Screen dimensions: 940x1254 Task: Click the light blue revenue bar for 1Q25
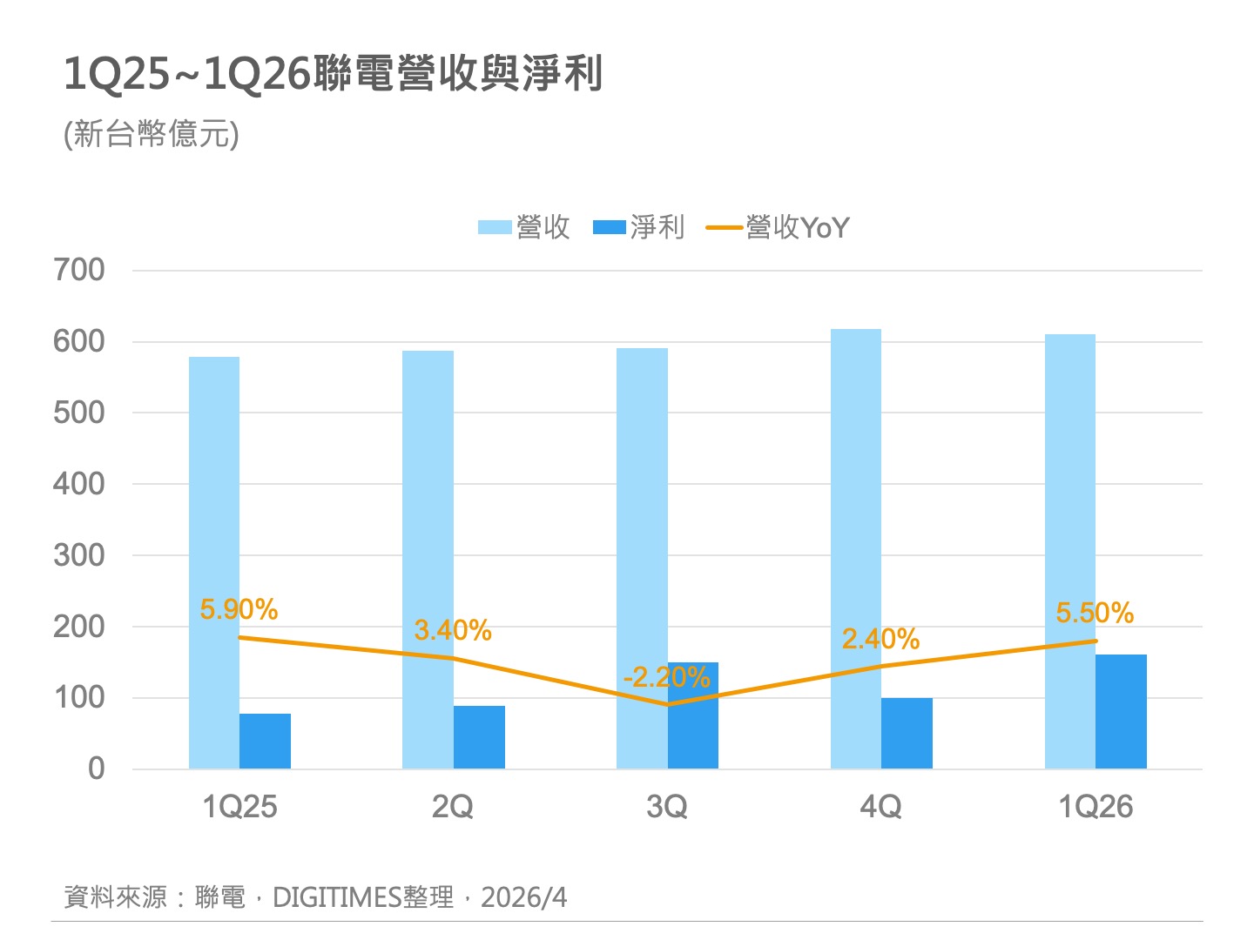point(214,522)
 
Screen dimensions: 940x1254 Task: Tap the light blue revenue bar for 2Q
point(428,522)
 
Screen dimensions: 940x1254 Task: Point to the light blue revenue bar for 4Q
point(856,522)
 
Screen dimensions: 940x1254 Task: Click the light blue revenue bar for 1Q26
point(1070,522)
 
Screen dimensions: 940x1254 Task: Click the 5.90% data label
point(239,609)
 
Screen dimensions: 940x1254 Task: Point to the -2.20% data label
point(666,676)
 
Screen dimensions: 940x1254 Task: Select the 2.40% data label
point(880,640)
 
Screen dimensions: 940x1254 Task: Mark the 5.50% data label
point(1095,613)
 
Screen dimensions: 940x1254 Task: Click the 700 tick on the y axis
point(79,270)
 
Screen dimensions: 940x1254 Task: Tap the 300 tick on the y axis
point(79,555)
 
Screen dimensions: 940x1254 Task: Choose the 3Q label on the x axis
point(666,807)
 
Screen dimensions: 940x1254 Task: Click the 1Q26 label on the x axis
point(1095,807)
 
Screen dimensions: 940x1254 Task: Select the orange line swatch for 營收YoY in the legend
point(724,228)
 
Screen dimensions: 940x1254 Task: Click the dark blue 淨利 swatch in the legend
point(610,228)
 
